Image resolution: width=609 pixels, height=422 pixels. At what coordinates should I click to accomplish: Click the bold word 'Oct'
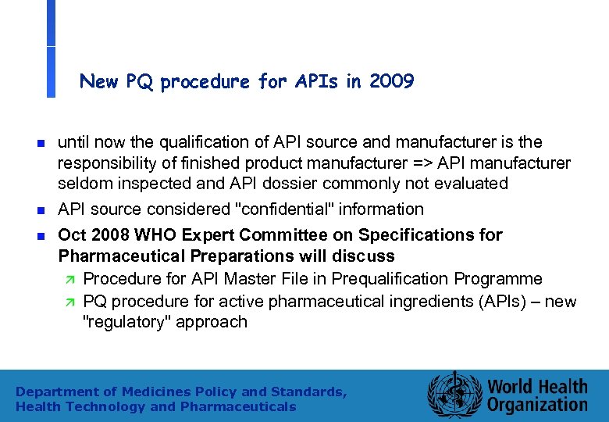pos(73,235)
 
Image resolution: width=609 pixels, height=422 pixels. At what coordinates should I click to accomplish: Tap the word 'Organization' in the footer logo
pos(538,404)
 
